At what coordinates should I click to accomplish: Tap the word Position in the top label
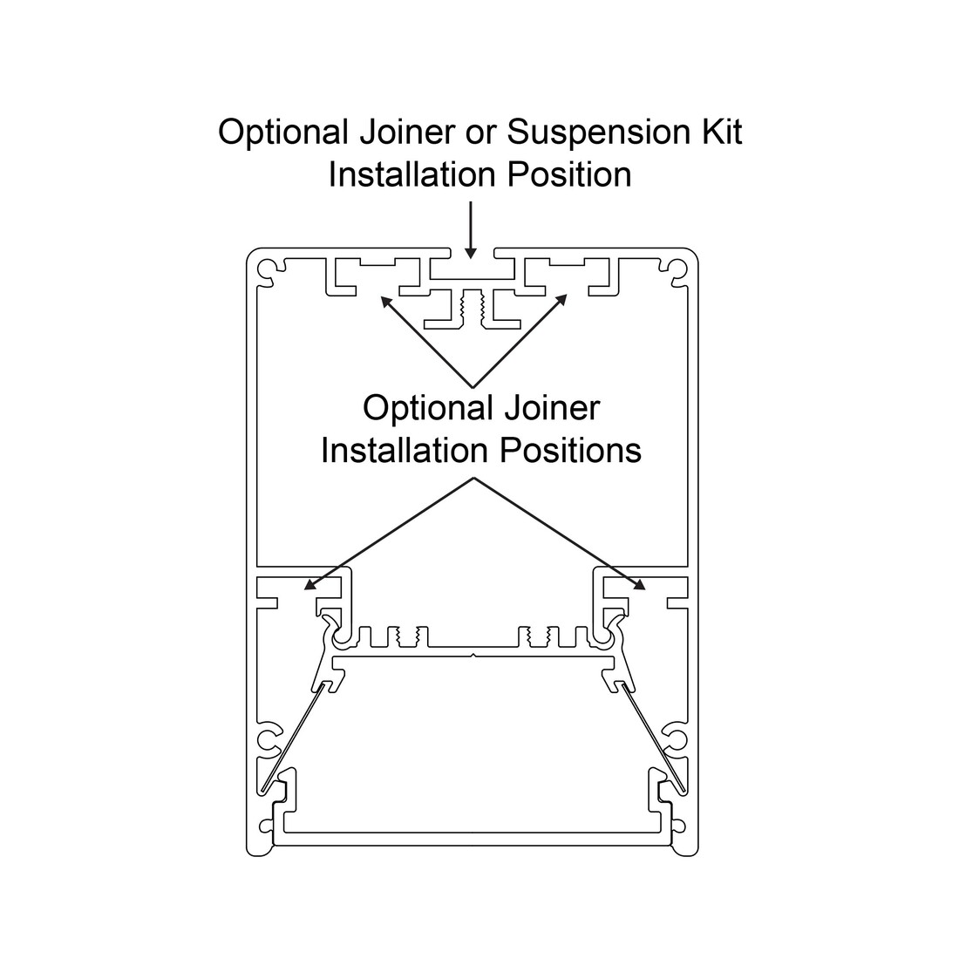pyautogui.click(x=569, y=175)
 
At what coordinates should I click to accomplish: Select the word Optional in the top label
pyautogui.click(x=283, y=133)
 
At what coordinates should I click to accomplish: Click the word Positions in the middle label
pyautogui.click(x=571, y=451)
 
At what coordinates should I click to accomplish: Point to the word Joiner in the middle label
pyautogui.click(x=552, y=408)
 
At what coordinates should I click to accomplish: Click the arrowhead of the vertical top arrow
pyautogui.click(x=470, y=252)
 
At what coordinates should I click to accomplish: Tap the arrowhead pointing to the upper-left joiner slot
pyautogui.click(x=386, y=302)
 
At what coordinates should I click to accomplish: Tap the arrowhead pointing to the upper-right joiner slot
pyautogui.click(x=561, y=300)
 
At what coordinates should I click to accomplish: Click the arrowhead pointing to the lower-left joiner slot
pyautogui.click(x=310, y=585)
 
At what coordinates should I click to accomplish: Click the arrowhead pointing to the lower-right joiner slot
pyautogui.click(x=638, y=585)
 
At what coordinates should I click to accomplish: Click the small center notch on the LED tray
pyautogui.click(x=473, y=656)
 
